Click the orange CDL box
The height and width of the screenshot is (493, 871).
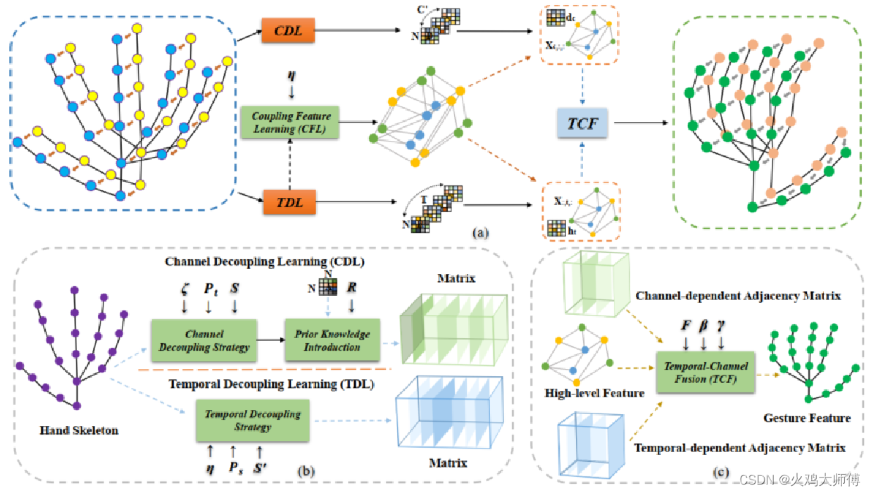click(x=289, y=32)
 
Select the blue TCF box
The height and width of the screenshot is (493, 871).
click(x=584, y=124)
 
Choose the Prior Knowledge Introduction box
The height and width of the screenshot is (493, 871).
click(x=332, y=340)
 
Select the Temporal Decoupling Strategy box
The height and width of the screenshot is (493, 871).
click(x=252, y=421)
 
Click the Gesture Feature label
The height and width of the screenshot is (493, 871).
click(x=807, y=418)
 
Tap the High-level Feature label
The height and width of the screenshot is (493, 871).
click(x=594, y=393)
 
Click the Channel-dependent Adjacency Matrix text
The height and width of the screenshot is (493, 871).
click(x=738, y=296)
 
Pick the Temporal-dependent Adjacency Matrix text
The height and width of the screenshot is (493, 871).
click(x=739, y=447)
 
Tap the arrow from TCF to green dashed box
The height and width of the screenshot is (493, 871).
click(x=640, y=124)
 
